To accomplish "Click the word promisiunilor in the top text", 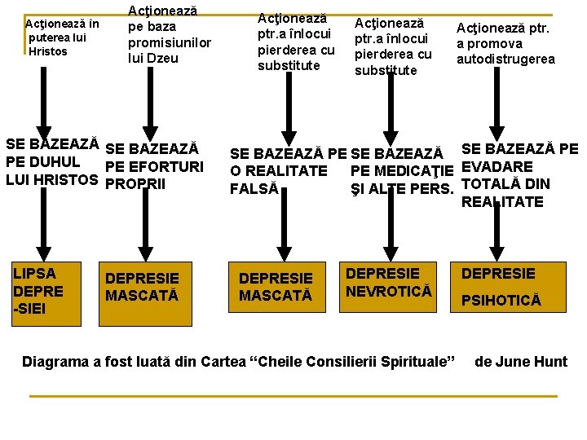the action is point(169,42).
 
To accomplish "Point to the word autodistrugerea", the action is point(505,59).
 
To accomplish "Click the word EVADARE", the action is point(497,167).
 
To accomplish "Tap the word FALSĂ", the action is point(254,189).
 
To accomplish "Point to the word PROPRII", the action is point(135,183).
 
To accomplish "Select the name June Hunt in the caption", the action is point(531,361).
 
